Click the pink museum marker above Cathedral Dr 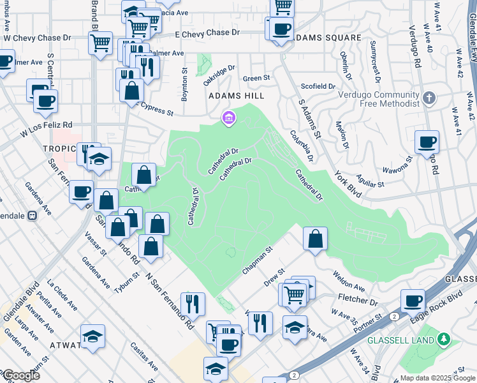coord(228,117)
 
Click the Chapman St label coord(257,262)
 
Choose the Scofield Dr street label coord(318,86)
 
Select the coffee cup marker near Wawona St coord(427,142)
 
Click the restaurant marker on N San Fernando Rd coord(192,303)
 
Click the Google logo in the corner coord(20,375)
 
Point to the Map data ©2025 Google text coord(437,377)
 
